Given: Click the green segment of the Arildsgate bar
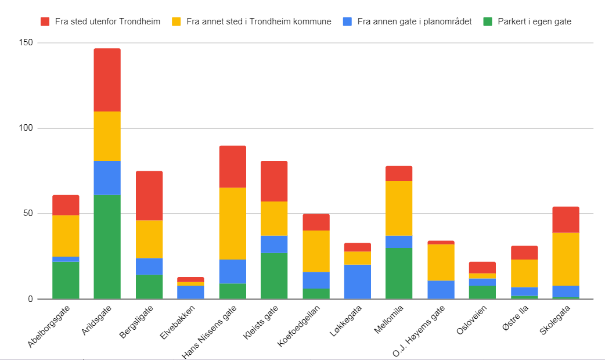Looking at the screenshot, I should click(107, 247).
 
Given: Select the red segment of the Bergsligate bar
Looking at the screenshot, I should click(149, 196).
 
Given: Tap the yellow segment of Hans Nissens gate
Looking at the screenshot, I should click(233, 224).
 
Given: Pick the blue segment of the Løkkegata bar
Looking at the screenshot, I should click(358, 282).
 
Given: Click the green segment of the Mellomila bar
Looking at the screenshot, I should click(399, 273).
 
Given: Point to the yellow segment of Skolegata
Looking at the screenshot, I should click(566, 259).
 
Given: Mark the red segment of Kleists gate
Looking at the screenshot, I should click(274, 181).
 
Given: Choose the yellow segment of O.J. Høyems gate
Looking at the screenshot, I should click(441, 262).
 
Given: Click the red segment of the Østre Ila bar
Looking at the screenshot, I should click(524, 253).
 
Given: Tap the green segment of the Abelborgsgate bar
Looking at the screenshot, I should click(66, 280).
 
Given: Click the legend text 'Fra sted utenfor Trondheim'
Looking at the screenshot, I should click(107, 21).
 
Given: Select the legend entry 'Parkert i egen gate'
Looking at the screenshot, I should click(534, 21).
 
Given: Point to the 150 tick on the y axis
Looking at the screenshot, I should click(25, 43).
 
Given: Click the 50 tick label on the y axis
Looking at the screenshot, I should click(27, 214).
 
